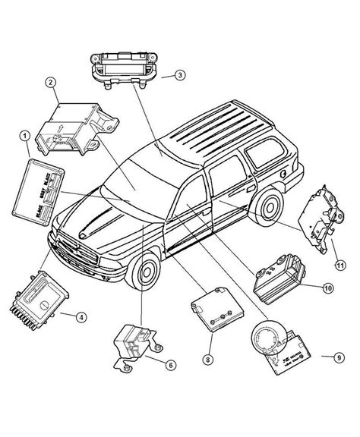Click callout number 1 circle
point(26,136)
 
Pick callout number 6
point(171,365)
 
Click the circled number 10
point(327,288)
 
